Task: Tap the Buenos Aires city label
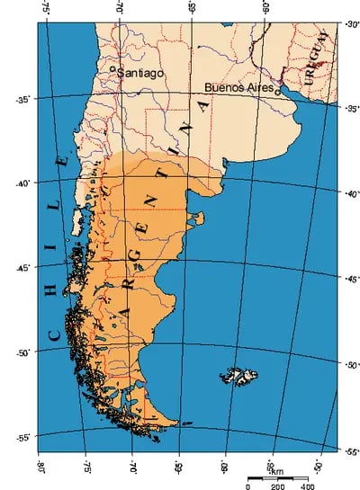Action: (x=238, y=87)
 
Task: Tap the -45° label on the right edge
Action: (x=351, y=279)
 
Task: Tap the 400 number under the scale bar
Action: (x=307, y=486)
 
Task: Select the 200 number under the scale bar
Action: (x=276, y=486)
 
